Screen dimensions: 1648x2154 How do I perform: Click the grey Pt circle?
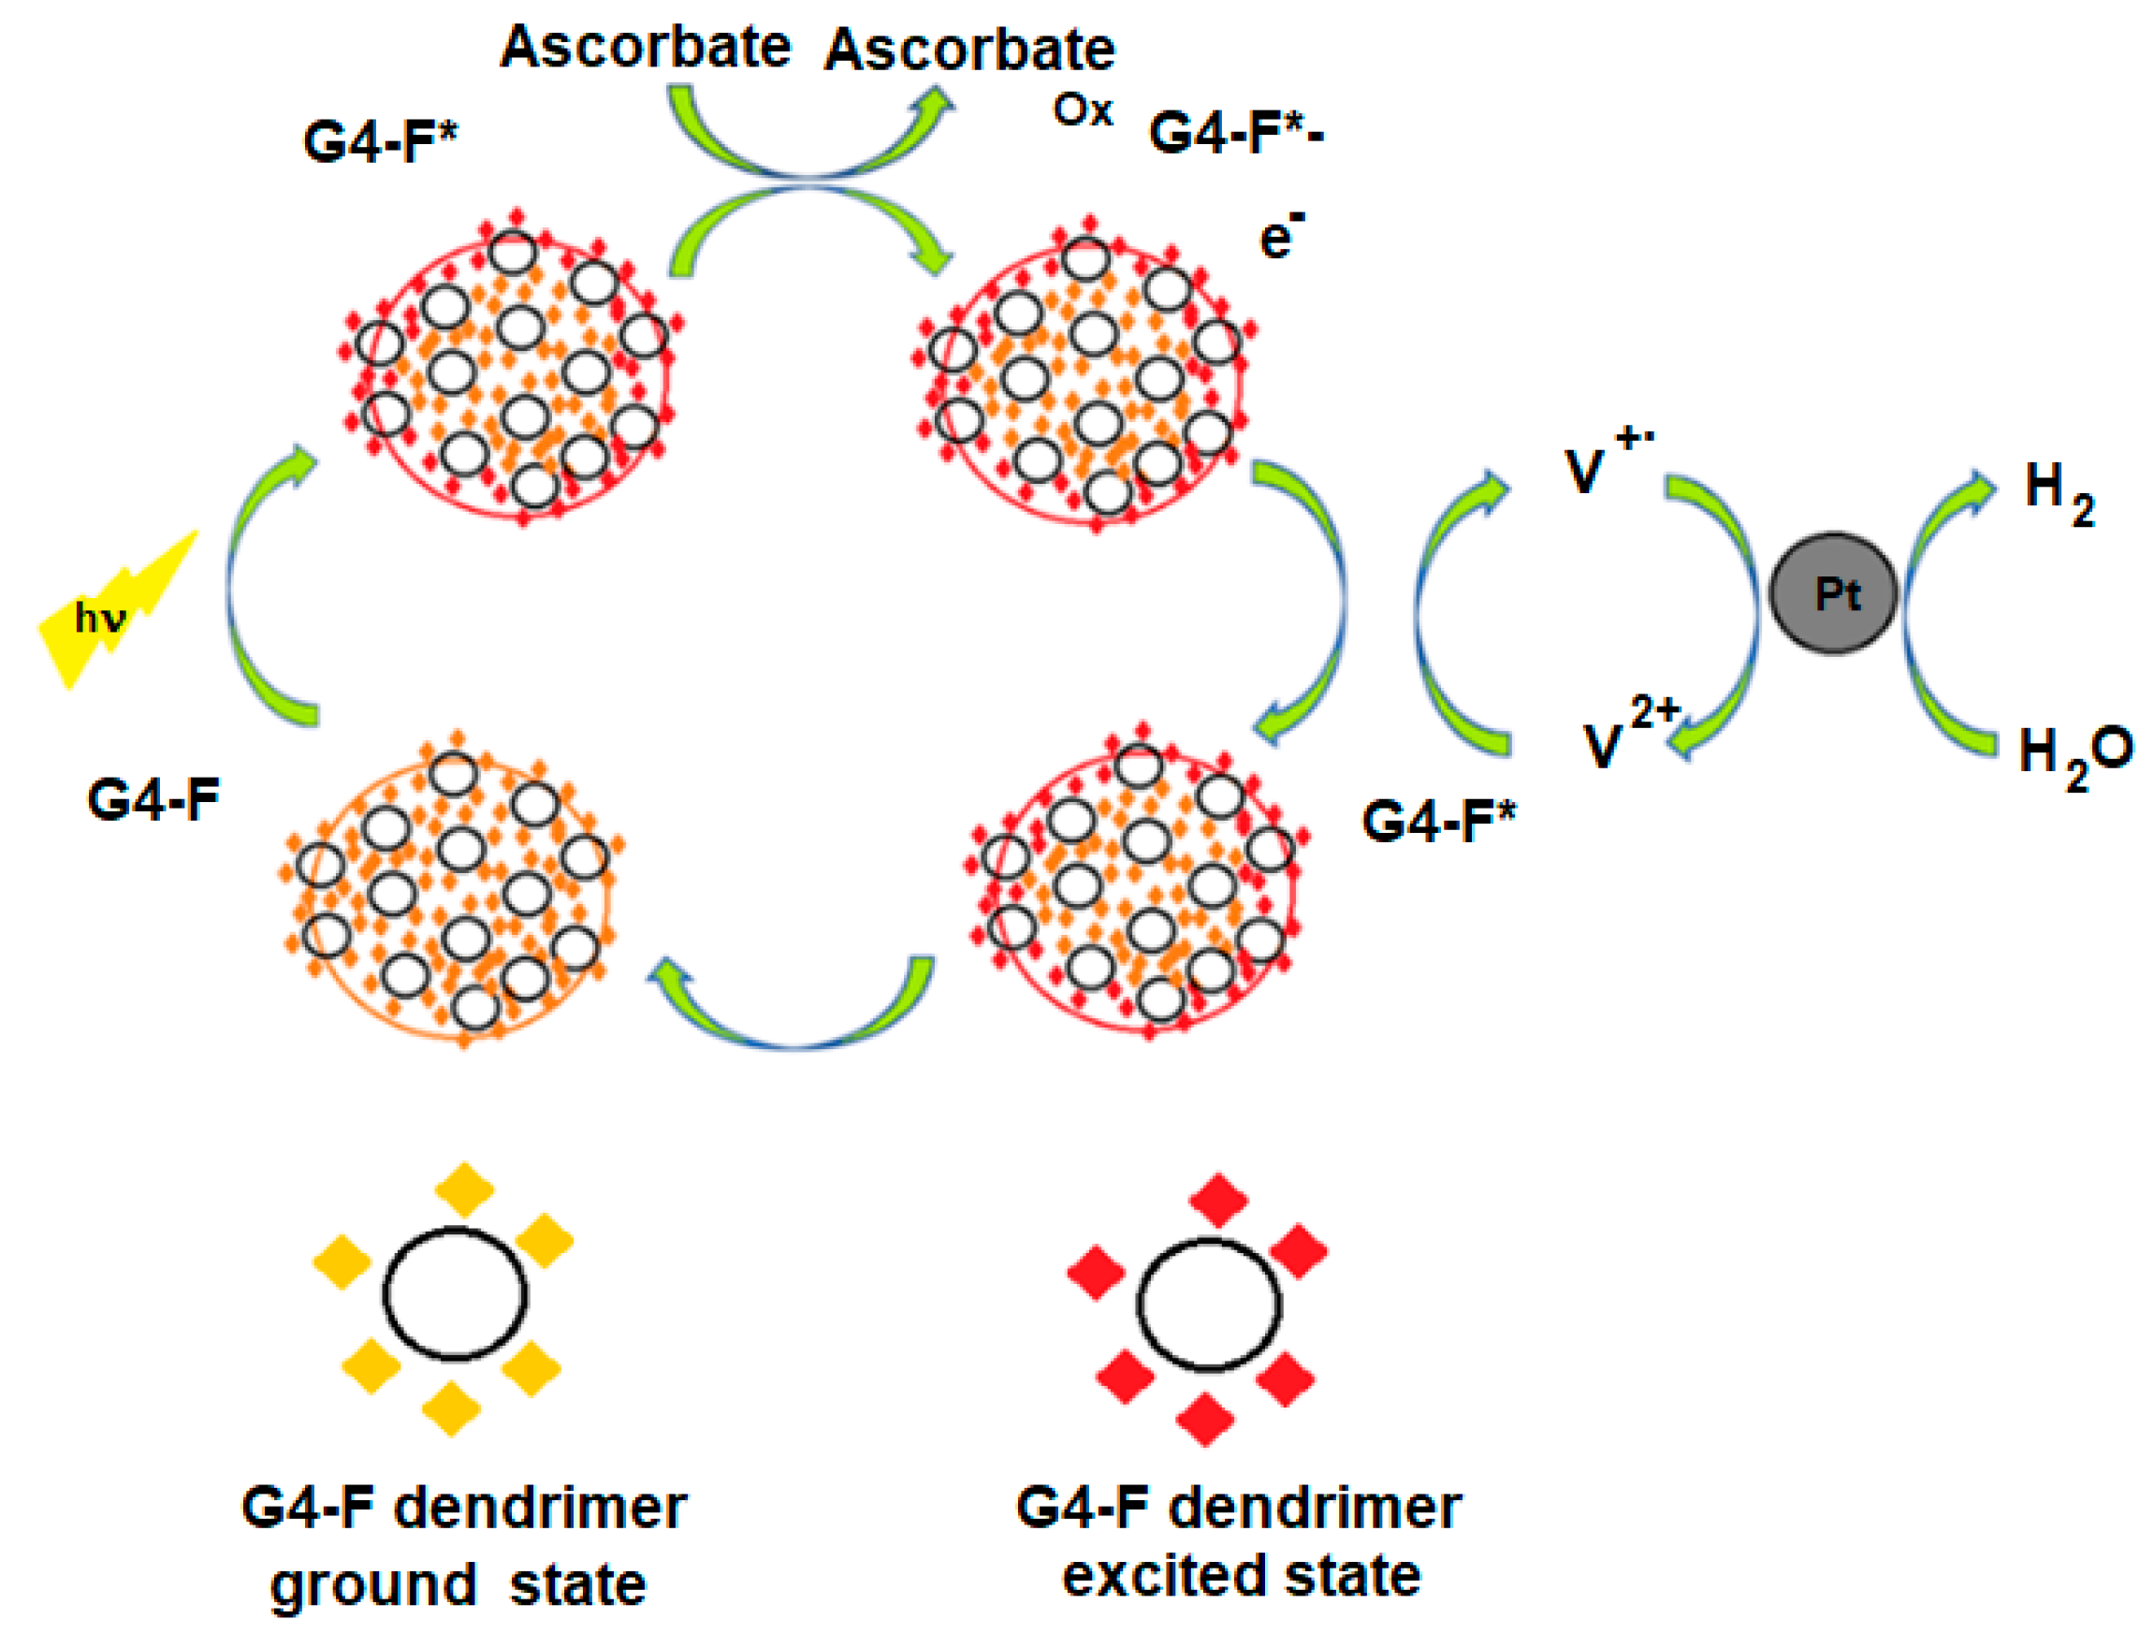pyautogui.click(x=1832, y=593)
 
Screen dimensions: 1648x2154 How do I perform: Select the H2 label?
pyautogui.click(x=2057, y=495)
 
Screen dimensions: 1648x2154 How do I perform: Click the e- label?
pyautogui.click(x=1280, y=237)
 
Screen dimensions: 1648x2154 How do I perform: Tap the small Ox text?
pyautogui.click(x=1082, y=110)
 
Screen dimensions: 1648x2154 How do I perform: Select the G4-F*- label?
pyautogui.click(x=1235, y=133)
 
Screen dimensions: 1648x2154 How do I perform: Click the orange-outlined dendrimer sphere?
pyautogui.click(x=451, y=893)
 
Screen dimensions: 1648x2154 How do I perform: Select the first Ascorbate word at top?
pyautogui.click(x=645, y=46)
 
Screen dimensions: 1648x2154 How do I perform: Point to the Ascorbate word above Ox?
pyautogui.click(x=969, y=49)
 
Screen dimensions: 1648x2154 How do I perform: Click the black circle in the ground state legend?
pyautogui.click(x=454, y=1295)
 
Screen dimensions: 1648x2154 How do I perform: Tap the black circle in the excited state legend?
pyautogui.click(x=1208, y=1305)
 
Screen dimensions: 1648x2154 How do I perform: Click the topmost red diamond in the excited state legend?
pyautogui.click(x=1217, y=1200)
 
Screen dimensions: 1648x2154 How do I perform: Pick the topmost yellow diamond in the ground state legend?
pyautogui.click(x=464, y=1189)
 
